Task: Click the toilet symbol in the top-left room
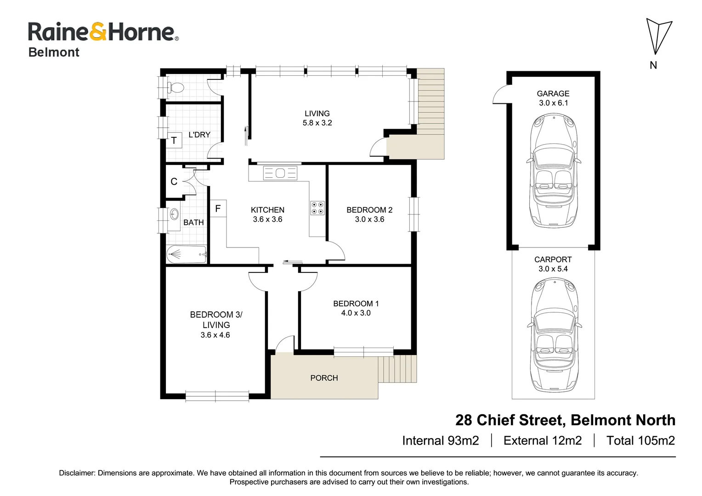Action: [175, 87]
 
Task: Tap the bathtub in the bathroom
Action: [187, 254]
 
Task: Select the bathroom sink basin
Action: [174, 214]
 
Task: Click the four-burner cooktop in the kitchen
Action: [317, 208]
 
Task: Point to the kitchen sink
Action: [280, 173]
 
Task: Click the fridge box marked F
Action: [218, 209]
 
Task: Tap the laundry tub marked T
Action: [174, 141]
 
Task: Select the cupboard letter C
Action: [174, 182]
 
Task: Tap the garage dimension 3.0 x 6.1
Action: [553, 103]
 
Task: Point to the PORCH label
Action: [324, 378]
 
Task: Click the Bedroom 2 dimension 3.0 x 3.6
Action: [369, 220]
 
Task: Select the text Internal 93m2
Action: [440, 441]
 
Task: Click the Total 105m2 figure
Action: [640, 441]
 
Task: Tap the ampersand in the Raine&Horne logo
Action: [98, 32]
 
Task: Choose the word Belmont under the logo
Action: [54, 52]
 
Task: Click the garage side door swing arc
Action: [500, 94]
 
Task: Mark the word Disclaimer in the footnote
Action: [77, 473]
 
